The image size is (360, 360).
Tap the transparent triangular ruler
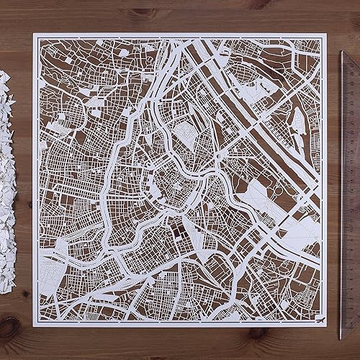[351, 180]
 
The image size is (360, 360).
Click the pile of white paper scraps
[10, 180]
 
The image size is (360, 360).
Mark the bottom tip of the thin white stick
[338, 338]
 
